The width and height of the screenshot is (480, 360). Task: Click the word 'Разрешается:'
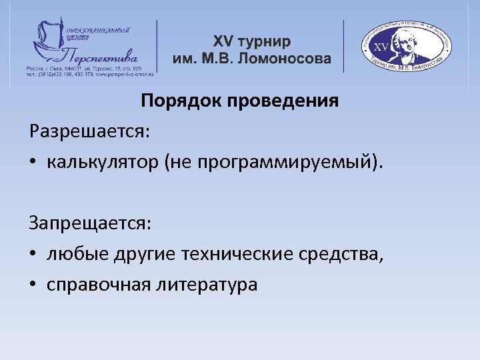[x=90, y=131]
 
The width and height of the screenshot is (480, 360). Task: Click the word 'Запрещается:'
[x=90, y=223]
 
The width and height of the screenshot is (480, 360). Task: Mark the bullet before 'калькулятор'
[x=34, y=163]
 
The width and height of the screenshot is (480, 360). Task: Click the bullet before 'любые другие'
[x=34, y=255]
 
